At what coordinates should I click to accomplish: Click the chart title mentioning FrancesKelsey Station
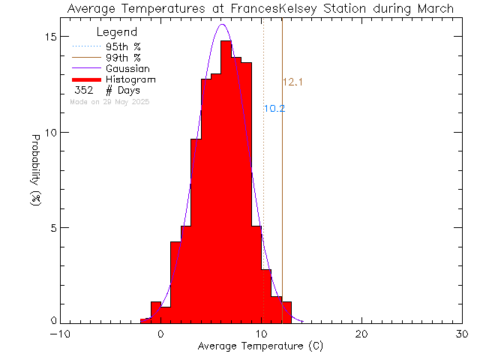259,9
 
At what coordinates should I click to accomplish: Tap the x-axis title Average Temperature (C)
260,346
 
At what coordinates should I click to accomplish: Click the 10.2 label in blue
274,109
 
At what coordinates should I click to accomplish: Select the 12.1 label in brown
292,82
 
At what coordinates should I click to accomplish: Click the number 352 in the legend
84,91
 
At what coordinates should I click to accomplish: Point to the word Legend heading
117,33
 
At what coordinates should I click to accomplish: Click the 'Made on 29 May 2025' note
109,101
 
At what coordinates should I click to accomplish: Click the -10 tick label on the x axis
60,334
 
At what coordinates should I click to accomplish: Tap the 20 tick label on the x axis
361,334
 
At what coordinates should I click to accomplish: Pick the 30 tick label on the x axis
462,334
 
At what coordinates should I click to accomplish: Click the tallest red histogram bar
226,180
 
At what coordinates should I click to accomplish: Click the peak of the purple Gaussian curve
222,25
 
